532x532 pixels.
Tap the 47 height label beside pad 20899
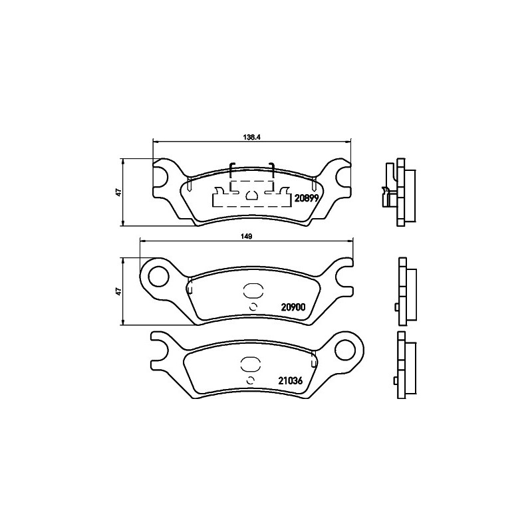[x=118, y=192]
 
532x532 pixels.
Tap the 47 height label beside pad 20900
[x=118, y=291]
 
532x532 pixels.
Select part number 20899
[x=307, y=198]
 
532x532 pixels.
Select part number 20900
[x=293, y=307]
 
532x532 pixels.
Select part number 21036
[x=291, y=380]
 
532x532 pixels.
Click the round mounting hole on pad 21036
[x=345, y=350]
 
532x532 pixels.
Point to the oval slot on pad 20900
[x=253, y=291]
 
